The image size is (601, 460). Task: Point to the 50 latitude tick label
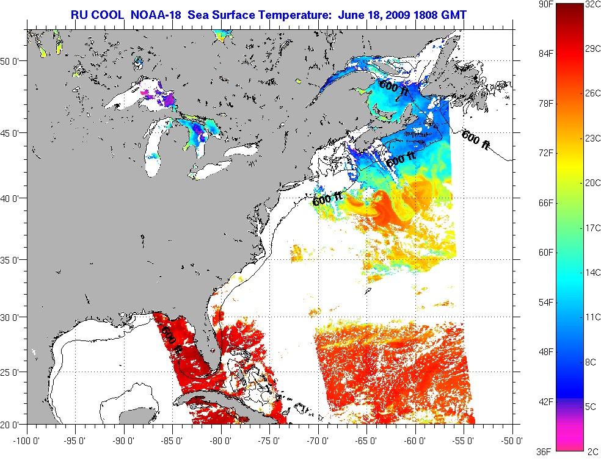click(13, 61)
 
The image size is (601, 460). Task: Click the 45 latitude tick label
click(13, 132)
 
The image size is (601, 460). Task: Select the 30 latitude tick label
click(13, 317)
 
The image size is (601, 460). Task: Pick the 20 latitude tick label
click(13, 423)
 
